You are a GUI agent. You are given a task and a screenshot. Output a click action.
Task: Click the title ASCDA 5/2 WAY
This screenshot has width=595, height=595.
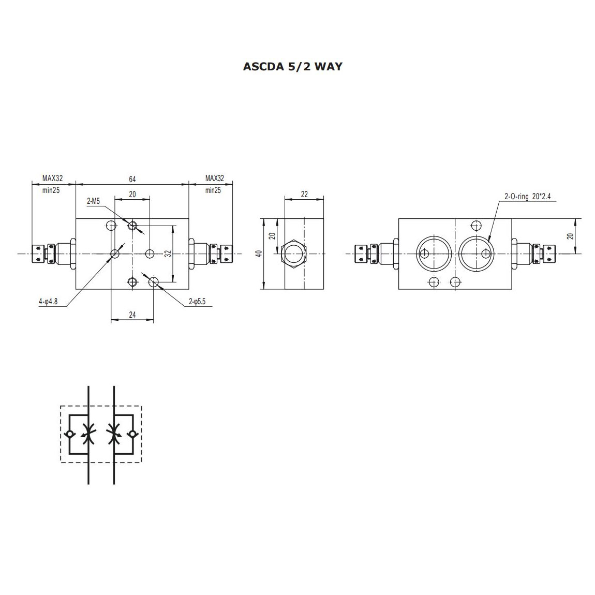tap(292, 66)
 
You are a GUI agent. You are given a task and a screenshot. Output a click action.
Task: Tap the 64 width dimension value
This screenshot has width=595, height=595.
tap(132, 179)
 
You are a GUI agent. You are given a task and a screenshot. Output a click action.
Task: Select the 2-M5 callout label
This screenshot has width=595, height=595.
tap(93, 201)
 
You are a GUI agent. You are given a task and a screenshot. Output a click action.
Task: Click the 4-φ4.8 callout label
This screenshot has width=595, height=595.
tap(48, 302)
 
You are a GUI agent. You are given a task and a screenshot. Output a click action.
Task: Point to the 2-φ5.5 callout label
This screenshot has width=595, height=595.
tap(197, 302)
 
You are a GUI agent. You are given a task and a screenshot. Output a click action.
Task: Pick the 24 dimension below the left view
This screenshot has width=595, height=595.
tap(132, 315)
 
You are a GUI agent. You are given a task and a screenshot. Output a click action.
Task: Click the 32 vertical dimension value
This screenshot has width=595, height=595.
tap(168, 253)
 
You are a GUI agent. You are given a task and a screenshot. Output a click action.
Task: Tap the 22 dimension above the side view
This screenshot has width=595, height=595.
tap(304, 195)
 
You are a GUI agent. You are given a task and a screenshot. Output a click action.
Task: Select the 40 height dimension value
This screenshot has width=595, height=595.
tap(259, 254)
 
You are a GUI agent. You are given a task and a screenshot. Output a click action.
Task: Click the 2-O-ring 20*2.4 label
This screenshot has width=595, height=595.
tap(527, 196)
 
